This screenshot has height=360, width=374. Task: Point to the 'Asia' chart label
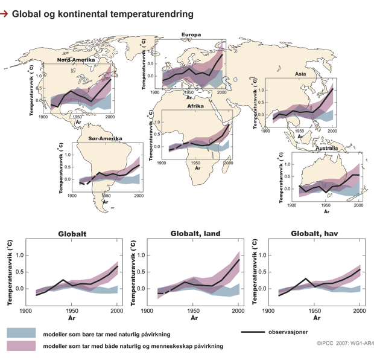300,74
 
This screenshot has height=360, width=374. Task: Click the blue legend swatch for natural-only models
23,333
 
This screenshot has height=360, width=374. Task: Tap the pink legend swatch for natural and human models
23,346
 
